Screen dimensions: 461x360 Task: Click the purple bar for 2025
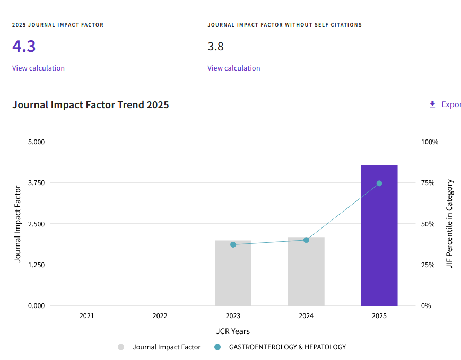pos(379,235)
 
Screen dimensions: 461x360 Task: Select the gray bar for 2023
pos(233,273)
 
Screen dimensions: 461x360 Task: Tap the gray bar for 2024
pos(306,271)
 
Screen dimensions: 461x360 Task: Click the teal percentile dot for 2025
pos(379,183)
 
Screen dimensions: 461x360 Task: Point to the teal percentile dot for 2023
pos(233,244)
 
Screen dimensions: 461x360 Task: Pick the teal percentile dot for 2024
pos(306,240)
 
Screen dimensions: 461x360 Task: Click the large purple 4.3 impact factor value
pos(24,46)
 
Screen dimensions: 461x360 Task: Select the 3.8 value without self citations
pos(215,47)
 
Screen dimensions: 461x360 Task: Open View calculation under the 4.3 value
pos(38,68)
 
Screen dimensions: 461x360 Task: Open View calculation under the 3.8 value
pos(234,68)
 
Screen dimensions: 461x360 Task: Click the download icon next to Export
pos(432,104)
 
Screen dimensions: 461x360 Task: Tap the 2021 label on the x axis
pos(86,316)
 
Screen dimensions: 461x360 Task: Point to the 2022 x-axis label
pos(160,316)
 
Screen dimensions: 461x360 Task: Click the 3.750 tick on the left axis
pos(36,183)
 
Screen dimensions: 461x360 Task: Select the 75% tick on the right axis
pos(428,183)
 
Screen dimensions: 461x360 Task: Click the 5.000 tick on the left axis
pos(36,142)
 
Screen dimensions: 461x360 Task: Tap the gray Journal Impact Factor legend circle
pos(121,347)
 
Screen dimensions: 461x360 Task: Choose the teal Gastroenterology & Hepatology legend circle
pos(218,347)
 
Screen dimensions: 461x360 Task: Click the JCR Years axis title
pos(233,331)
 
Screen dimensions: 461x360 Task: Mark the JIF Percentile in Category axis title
pos(449,224)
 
